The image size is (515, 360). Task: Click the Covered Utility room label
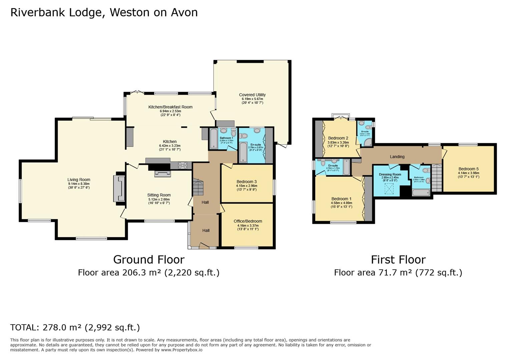[252, 95]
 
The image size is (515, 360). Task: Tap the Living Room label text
[79, 180]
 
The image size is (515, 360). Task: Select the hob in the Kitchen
[182, 165]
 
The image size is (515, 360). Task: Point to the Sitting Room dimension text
[159, 201]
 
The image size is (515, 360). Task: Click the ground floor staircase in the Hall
[198, 187]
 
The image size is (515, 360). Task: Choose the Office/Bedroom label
[248, 221]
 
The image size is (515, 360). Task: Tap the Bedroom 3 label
[246, 182]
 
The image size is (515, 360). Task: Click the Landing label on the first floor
[397, 157]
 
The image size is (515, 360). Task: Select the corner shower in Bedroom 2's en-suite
[368, 142]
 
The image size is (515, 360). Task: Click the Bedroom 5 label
[468, 169]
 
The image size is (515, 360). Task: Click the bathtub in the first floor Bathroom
[421, 192]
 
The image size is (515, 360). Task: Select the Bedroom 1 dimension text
[341, 205]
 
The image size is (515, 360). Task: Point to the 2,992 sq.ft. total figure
[112, 327]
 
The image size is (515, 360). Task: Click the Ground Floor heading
[148, 259]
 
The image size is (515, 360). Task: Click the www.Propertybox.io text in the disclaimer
[181, 350]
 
